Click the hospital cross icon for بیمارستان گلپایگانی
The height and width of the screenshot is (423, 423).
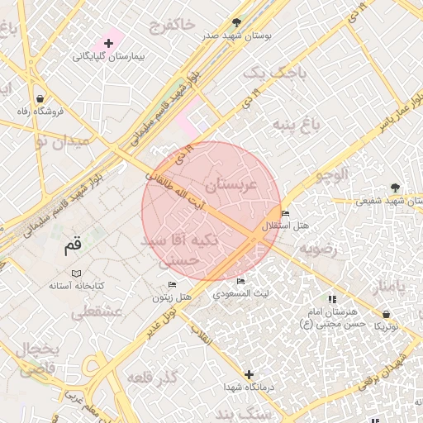108,43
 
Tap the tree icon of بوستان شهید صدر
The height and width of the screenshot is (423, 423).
238,22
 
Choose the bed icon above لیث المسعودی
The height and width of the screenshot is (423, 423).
240,282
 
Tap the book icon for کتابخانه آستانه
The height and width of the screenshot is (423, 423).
76,273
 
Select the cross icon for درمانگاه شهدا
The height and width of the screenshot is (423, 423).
249,374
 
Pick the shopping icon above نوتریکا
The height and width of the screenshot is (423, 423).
387,314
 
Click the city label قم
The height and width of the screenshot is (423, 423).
74,245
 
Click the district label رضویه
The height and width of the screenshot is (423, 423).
319,249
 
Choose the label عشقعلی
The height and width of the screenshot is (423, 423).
97,312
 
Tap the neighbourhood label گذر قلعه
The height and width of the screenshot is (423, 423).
154,378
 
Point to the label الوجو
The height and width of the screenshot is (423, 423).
350,174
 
